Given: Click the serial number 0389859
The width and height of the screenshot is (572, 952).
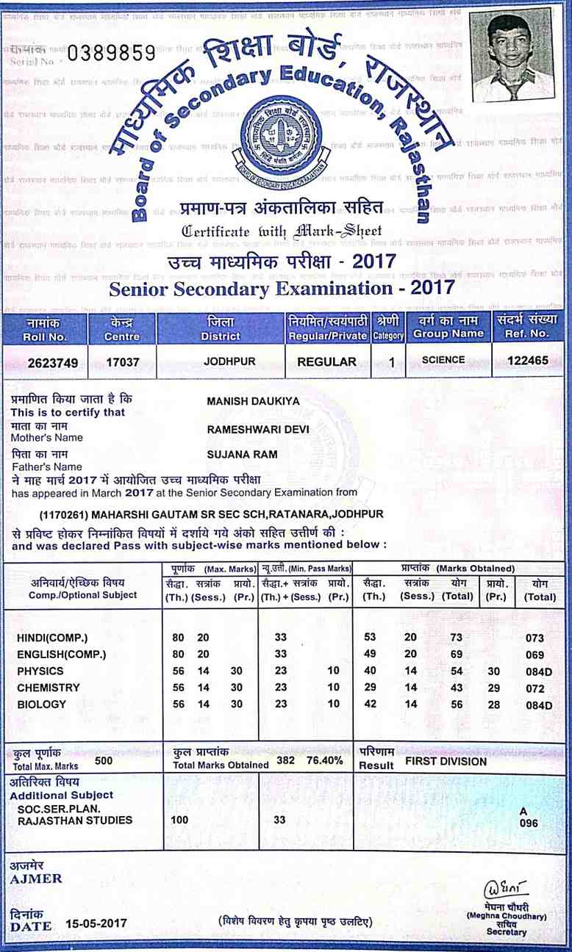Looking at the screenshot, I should [x=112, y=53].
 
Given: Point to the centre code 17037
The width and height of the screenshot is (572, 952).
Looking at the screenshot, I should [x=121, y=361].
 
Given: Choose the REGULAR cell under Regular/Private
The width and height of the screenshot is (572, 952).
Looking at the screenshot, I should [x=326, y=361].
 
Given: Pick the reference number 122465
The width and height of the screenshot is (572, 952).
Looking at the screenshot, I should [x=528, y=361].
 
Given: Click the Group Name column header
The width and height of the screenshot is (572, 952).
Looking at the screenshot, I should [x=448, y=328].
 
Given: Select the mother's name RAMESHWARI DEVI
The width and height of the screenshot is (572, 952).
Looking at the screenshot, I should [x=257, y=428].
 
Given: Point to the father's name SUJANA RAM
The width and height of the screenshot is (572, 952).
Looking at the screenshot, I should [x=243, y=455].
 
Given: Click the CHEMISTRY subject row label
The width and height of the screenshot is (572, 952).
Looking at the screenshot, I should [x=48, y=688].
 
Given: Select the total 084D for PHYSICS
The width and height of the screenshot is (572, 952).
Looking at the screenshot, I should [x=539, y=671].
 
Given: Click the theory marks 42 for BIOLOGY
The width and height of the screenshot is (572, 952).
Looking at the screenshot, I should [x=371, y=704].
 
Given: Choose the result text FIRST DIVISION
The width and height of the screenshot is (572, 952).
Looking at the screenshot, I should [x=446, y=761].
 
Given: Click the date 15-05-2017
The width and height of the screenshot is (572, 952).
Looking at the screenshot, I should [x=96, y=923].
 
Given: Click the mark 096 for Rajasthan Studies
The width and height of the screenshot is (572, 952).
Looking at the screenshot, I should [x=529, y=823].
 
